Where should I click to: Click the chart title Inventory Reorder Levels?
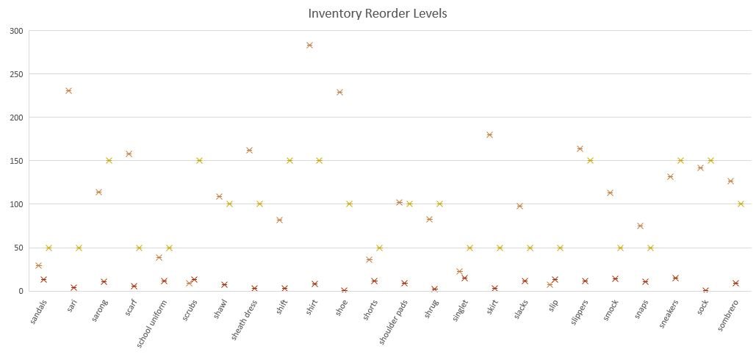point(378,13)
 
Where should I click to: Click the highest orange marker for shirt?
point(309,46)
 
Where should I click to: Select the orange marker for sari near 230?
point(68,91)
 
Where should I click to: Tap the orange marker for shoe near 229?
point(339,93)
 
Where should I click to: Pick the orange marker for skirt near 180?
point(489,134)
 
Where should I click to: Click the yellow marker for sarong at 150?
point(109,160)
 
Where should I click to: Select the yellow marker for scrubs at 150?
point(199,160)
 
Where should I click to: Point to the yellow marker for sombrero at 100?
point(741,204)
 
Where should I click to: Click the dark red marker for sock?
point(705,290)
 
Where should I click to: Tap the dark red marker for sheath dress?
point(254,288)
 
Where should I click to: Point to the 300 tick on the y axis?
point(16,31)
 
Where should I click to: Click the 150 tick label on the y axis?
point(16,161)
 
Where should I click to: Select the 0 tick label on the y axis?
point(21,291)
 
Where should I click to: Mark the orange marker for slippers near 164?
point(580,148)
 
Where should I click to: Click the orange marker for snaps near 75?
point(640,226)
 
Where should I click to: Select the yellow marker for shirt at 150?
point(320,160)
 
